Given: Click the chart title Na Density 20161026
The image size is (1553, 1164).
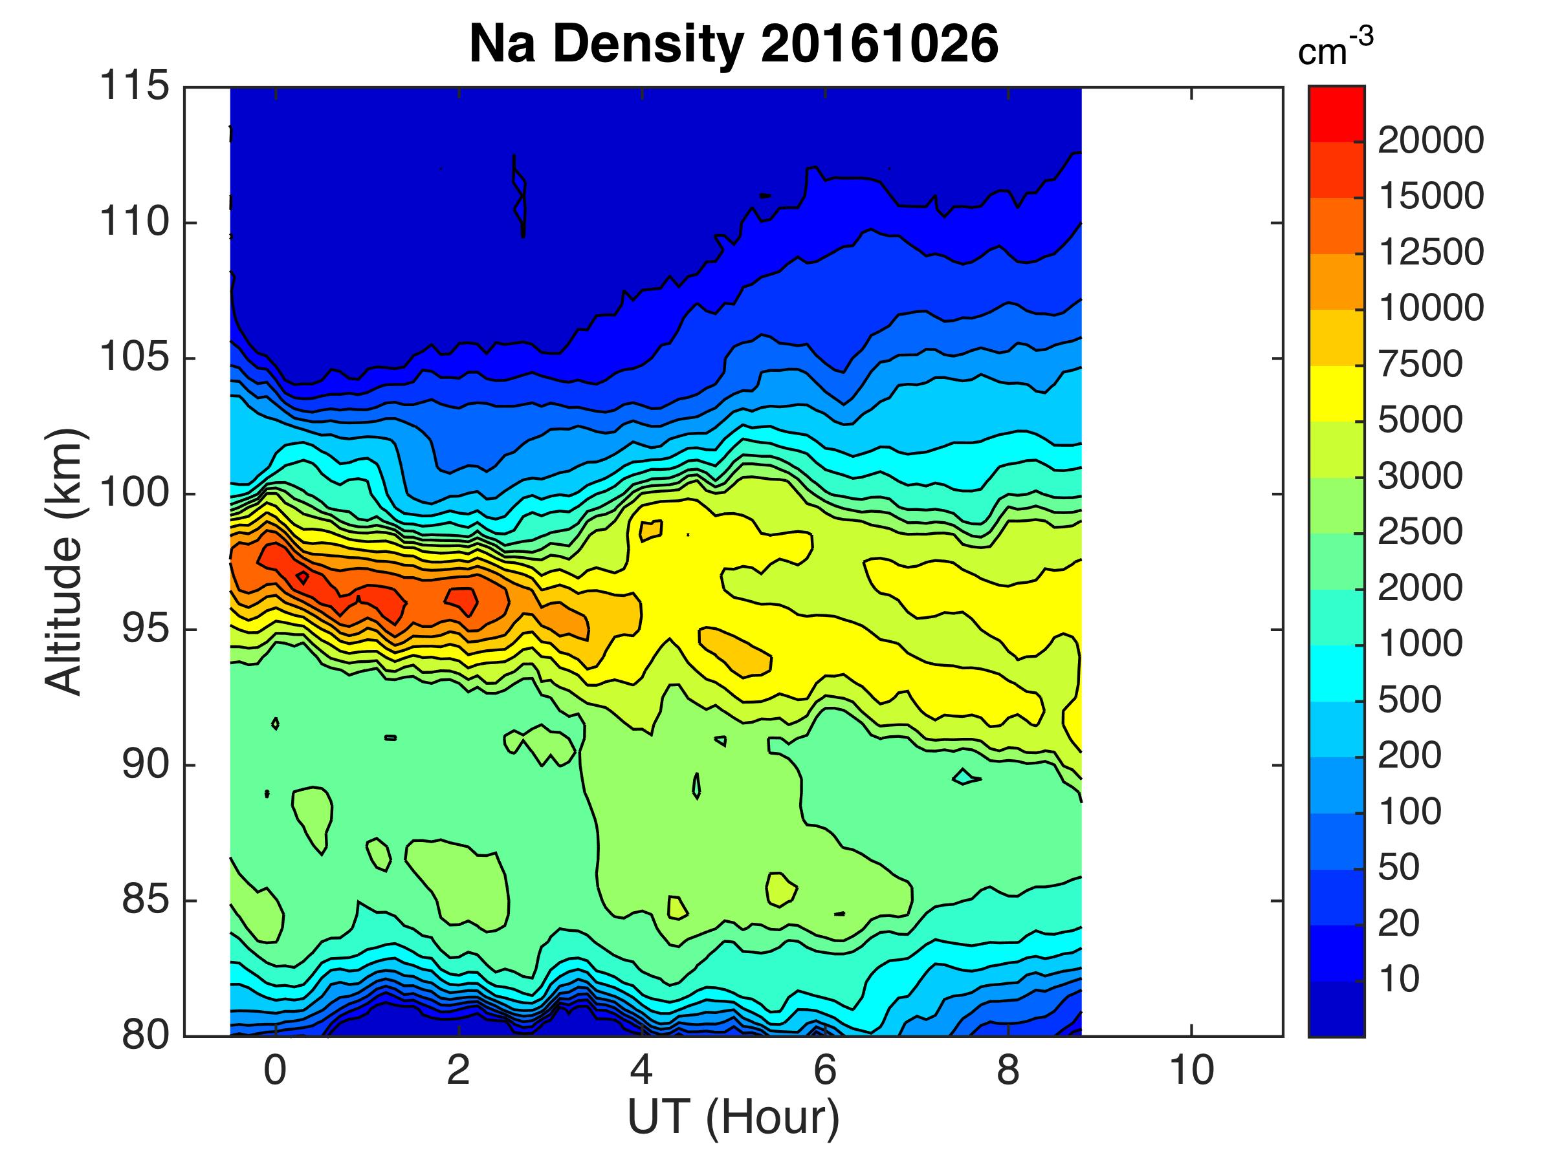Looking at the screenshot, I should [x=734, y=43].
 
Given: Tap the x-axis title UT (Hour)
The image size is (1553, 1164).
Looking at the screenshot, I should [x=734, y=1117].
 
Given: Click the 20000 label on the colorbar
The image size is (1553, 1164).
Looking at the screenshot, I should [x=1431, y=141].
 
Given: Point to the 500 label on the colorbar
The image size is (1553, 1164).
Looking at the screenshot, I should [x=1410, y=700].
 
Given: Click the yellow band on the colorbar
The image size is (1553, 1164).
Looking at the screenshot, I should [x=1337, y=394].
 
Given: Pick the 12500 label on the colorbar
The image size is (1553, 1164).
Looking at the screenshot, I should [x=1431, y=253].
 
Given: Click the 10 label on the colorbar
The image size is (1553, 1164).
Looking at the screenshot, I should [x=1399, y=980].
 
